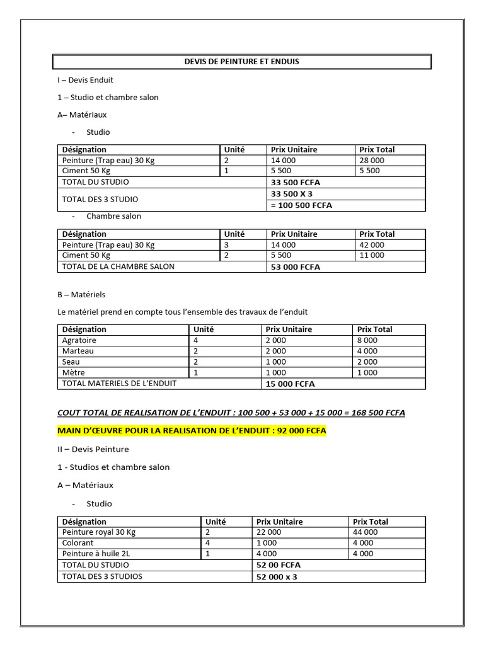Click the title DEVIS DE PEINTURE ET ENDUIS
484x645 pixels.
click(241, 62)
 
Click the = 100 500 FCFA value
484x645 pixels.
click(301, 205)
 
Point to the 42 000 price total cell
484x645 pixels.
click(371, 245)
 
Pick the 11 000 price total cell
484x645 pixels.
click(371, 256)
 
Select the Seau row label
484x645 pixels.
click(71, 362)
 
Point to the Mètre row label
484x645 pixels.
click(72, 373)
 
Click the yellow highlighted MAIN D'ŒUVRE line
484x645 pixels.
click(192, 431)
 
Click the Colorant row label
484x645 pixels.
click(78, 543)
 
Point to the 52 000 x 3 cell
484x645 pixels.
click(277, 576)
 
